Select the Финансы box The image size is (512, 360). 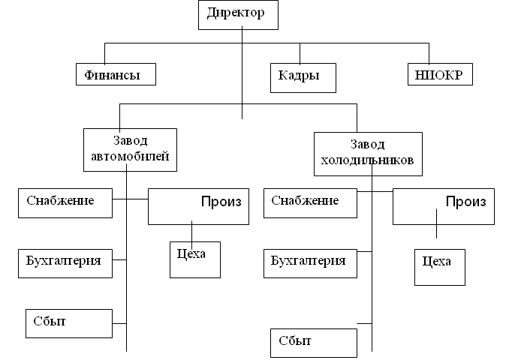point(119,74)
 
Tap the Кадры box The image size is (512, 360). point(303,76)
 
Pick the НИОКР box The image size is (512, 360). point(440,74)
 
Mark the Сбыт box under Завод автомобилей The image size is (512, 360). point(68,322)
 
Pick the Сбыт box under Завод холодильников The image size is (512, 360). point(313,343)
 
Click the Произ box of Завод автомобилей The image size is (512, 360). point(198,206)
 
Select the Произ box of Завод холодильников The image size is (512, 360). point(444,206)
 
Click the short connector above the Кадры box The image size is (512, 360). point(300,53)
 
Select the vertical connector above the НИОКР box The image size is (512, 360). point(429,53)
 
